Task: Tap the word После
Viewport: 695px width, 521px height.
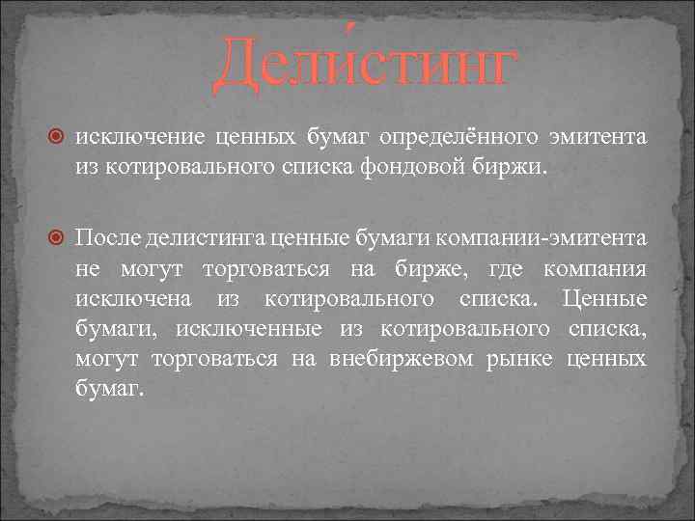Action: [108, 238]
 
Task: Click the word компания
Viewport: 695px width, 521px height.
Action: [595, 268]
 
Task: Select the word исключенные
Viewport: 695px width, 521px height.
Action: [249, 329]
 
